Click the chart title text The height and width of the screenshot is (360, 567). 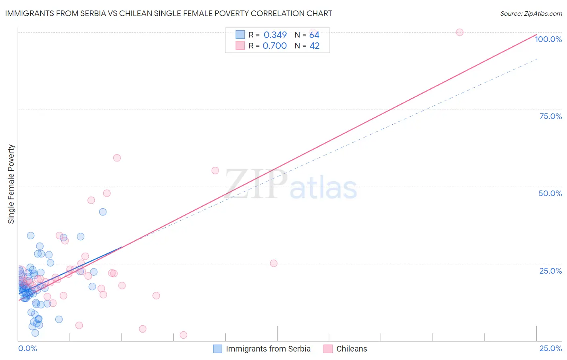(169, 13)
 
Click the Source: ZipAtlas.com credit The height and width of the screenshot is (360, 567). (531, 13)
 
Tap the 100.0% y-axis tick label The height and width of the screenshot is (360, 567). (548, 39)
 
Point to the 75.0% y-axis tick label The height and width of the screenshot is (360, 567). (550, 116)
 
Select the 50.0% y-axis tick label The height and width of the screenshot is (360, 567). (550, 193)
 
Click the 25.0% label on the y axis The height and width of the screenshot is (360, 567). (550, 271)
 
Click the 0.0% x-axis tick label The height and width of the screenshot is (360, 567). (27, 348)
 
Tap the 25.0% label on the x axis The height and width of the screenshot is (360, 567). (550, 348)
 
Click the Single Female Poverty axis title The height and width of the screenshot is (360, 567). (11, 184)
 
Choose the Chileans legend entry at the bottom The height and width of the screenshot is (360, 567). (351, 349)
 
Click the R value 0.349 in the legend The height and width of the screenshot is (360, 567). (275, 35)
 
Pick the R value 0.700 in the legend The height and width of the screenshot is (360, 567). (275, 46)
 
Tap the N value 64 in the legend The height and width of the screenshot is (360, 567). (314, 35)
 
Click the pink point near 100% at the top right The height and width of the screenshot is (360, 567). (459, 32)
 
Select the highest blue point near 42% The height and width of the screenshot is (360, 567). (103, 212)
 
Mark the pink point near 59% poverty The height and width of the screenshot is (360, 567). (117, 158)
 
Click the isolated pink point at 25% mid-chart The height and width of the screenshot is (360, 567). (273, 263)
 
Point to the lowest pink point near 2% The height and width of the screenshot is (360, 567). (183, 335)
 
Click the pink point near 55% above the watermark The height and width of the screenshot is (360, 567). (215, 171)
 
